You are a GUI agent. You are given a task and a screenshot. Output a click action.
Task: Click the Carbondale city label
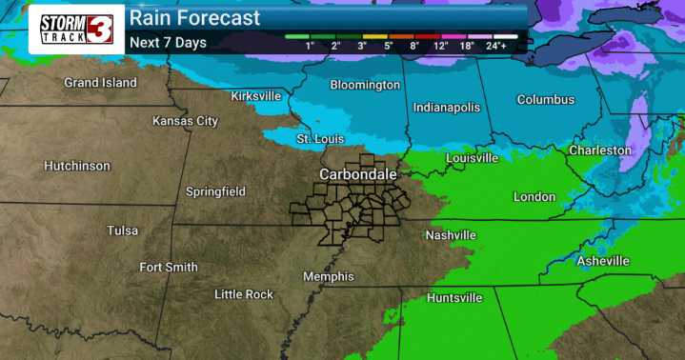click(358, 175)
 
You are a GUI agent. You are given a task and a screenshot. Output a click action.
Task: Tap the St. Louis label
click(318, 139)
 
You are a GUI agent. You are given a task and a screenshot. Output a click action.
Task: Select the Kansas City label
click(186, 121)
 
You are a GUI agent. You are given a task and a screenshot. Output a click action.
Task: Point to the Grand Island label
click(100, 83)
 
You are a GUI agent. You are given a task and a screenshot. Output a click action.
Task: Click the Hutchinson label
click(77, 166)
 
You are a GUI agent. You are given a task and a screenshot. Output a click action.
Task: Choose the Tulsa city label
click(123, 230)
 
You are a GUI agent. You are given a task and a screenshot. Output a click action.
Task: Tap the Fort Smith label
click(169, 268)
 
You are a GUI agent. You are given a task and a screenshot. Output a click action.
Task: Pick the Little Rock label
click(244, 294)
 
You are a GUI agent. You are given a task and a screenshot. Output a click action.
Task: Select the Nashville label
click(451, 235)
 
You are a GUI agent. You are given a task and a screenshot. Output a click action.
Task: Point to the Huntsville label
click(454, 298)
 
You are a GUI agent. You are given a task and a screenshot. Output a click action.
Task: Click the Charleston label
click(600, 150)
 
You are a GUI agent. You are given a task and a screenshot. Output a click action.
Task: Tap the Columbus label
click(546, 100)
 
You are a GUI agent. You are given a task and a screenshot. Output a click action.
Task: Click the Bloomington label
click(365, 86)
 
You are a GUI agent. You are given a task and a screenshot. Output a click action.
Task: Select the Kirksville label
click(256, 96)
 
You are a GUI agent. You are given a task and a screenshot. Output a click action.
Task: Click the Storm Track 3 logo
click(76, 30)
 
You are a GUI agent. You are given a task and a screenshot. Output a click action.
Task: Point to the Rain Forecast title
click(194, 18)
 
